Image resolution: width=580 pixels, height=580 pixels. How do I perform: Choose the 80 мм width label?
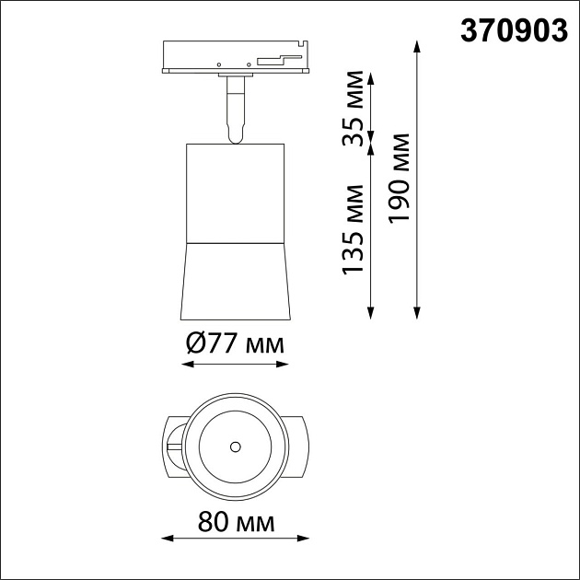click(236, 522)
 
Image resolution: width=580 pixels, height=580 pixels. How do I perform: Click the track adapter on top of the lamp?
click(235, 57)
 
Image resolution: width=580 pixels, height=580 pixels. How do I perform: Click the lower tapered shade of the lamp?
click(235, 280)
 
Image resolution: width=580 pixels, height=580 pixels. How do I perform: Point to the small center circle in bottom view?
click(235, 447)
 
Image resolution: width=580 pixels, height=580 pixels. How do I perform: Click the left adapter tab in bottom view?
click(174, 446)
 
